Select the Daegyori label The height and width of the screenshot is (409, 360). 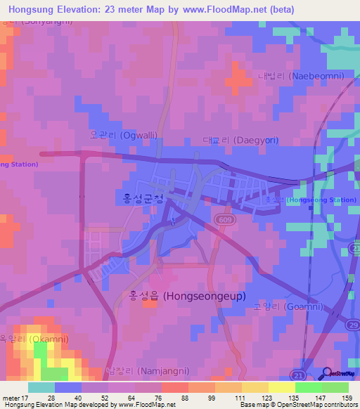coord(240,140)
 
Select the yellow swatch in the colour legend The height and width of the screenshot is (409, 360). coord(281,387)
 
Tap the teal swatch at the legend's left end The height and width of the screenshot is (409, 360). coord(41,387)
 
